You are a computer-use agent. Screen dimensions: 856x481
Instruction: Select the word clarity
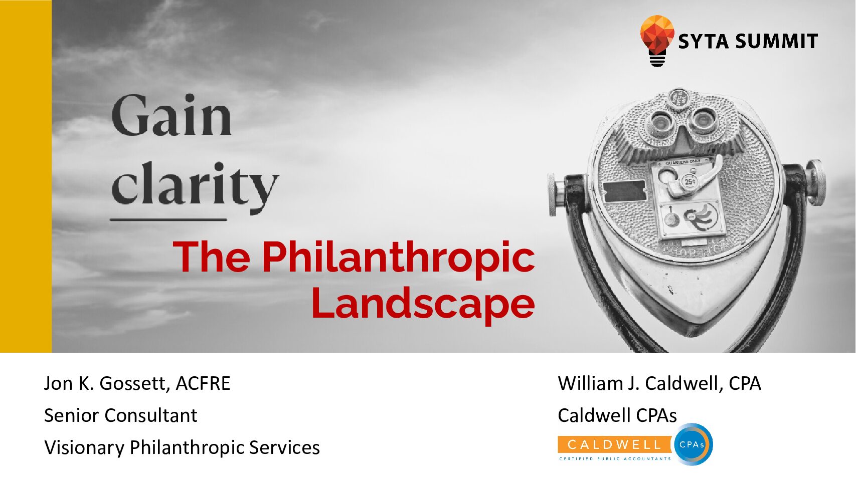tap(195, 185)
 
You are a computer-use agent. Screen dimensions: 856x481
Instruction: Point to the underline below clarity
tap(168, 219)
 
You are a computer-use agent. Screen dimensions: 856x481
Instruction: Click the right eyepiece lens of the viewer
tap(703, 121)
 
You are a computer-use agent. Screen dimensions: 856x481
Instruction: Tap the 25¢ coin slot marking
tap(690, 181)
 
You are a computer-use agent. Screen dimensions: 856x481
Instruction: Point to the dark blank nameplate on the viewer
tap(624, 191)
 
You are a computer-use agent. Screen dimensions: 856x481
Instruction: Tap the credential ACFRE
tap(203, 383)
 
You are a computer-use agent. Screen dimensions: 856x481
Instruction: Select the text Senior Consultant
tap(121, 415)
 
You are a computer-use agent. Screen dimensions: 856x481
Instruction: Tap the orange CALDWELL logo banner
tap(615, 445)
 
